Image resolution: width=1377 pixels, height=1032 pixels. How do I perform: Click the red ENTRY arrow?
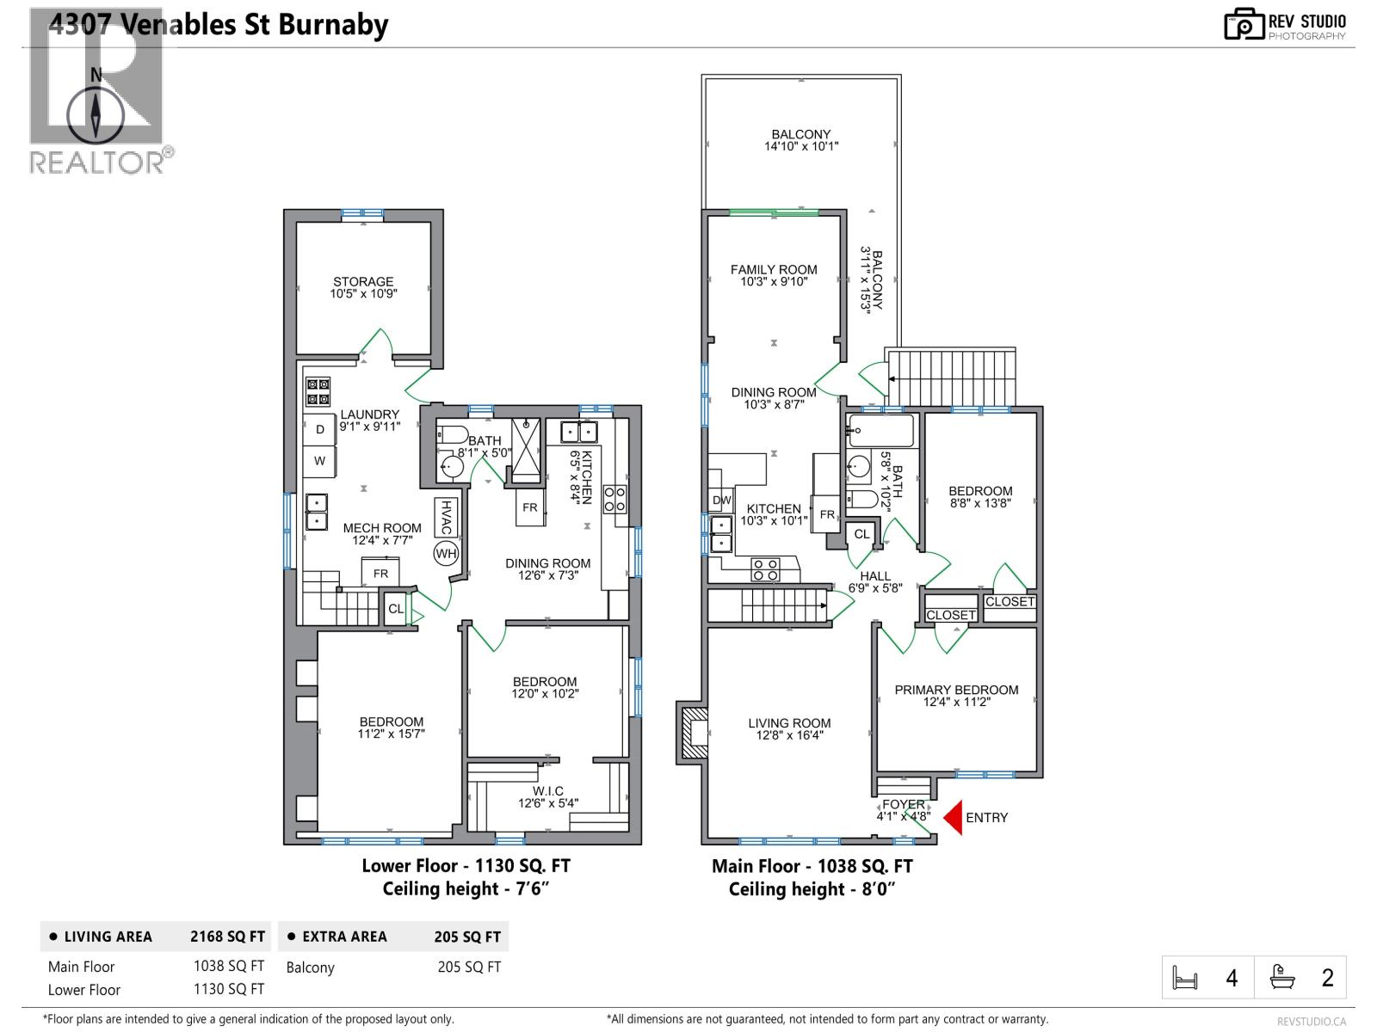pos(952,818)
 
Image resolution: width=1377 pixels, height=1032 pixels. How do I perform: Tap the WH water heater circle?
pos(446,554)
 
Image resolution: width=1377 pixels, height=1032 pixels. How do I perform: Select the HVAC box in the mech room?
pos(446,518)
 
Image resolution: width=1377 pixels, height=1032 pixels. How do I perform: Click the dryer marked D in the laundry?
pos(320,429)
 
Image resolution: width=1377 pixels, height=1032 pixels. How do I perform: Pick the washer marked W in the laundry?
pos(320,461)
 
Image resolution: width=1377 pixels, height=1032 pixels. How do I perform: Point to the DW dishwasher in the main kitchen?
pos(721,501)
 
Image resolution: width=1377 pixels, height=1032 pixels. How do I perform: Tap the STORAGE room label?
pos(363,287)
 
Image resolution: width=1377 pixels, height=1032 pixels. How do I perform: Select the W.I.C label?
pos(548,791)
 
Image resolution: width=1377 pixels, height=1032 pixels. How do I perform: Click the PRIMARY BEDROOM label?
pos(956,690)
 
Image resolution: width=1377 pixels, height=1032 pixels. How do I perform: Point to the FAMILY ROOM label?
pos(774,269)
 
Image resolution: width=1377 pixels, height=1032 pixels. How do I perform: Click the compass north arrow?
pos(96,112)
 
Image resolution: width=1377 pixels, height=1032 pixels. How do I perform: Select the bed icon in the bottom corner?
pos(1185,979)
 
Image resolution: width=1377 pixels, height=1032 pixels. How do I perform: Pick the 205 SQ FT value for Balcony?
pos(469,967)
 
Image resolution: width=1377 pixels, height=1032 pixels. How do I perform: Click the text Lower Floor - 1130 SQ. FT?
pos(466,866)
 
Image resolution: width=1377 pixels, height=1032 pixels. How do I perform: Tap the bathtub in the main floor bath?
pos(880,427)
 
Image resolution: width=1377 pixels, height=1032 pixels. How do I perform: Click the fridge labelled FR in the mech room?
pos(380,573)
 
